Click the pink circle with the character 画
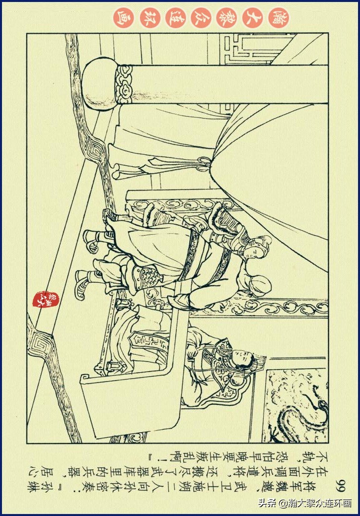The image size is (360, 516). tap(124, 18)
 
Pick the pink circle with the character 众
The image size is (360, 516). tap(202, 18)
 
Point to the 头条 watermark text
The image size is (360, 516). tap(267, 503)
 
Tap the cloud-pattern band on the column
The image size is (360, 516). tap(124, 84)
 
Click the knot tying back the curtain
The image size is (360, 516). tap(202, 164)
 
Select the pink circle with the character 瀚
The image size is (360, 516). tap(279, 18)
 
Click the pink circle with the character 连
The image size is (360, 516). tap(176, 18)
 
